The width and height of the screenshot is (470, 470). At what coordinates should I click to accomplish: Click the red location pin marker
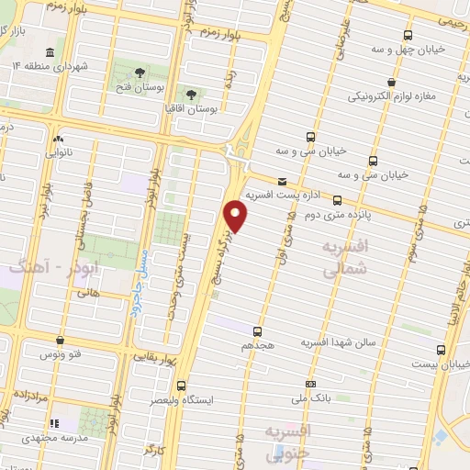pyautogui.click(x=237, y=215)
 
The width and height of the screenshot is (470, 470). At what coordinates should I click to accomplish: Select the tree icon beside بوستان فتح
pyautogui.click(x=139, y=71)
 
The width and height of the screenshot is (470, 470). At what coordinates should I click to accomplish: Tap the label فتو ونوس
pyautogui.click(x=59, y=353)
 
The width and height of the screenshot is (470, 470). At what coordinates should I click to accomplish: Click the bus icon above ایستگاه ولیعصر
pyautogui.click(x=181, y=386)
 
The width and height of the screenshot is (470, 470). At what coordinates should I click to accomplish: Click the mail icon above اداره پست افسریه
pyautogui.click(x=281, y=181)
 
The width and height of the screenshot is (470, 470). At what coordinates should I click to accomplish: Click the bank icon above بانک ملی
pyautogui.click(x=311, y=384)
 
